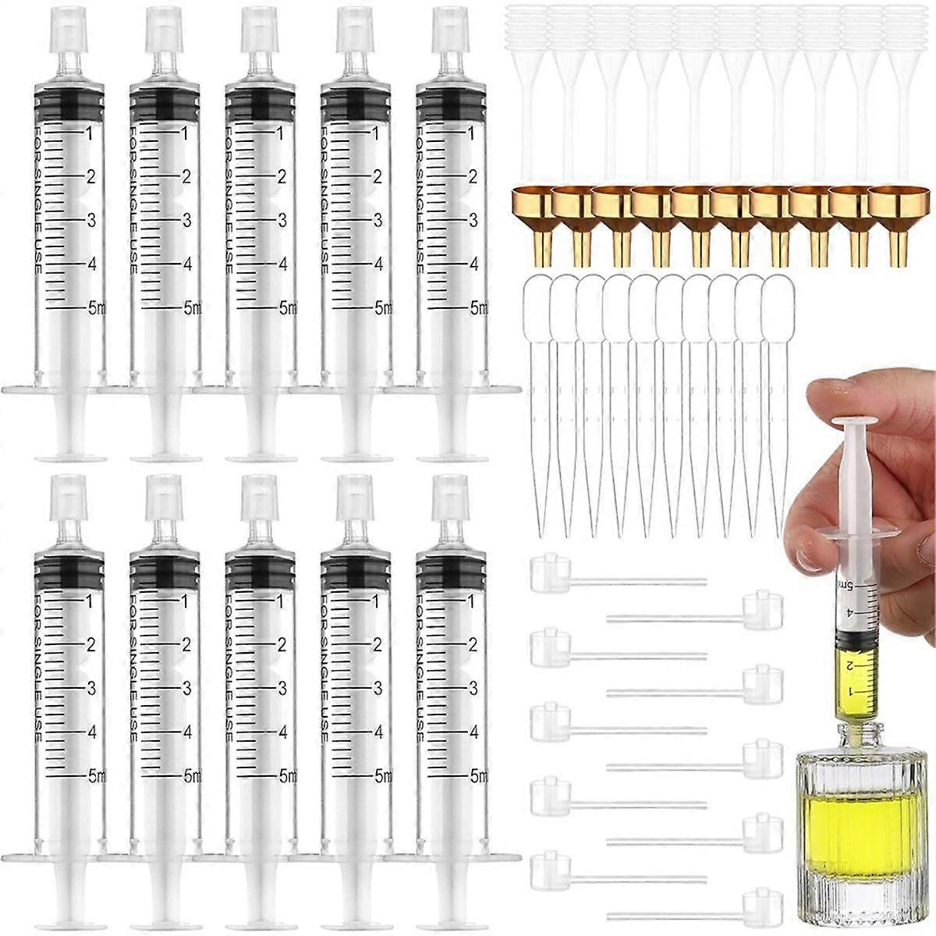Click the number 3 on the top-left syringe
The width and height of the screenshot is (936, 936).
91,220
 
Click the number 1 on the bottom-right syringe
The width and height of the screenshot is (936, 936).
473,601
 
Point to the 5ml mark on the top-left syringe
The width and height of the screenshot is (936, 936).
97,308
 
